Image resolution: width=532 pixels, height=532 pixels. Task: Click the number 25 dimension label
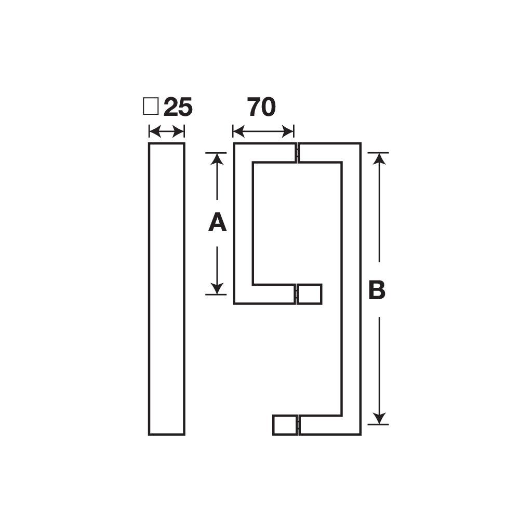[x=178, y=108]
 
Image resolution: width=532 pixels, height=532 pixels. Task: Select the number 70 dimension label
[x=261, y=107]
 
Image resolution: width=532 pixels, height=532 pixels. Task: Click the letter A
[x=217, y=223]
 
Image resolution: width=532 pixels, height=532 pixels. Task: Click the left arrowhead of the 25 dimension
[x=153, y=131]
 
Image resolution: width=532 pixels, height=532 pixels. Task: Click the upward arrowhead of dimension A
[x=217, y=158]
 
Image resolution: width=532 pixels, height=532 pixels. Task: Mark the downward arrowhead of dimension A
[x=217, y=289]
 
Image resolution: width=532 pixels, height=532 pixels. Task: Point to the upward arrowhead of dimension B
[x=380, y=158]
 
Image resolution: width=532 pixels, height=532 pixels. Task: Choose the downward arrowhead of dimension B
[x=380, y=419]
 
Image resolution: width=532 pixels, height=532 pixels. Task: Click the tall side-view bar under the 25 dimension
[x=167, y=288]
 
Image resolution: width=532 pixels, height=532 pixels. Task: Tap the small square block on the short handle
[x=310, y=294]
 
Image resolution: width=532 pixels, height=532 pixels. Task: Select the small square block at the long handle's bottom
[x=285, y=425]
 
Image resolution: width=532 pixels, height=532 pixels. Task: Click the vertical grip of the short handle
[x=243, y=223]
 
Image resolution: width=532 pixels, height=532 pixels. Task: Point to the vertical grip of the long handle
[x=351, y=288]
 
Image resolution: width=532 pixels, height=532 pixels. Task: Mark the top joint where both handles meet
[x=297, y=152]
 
